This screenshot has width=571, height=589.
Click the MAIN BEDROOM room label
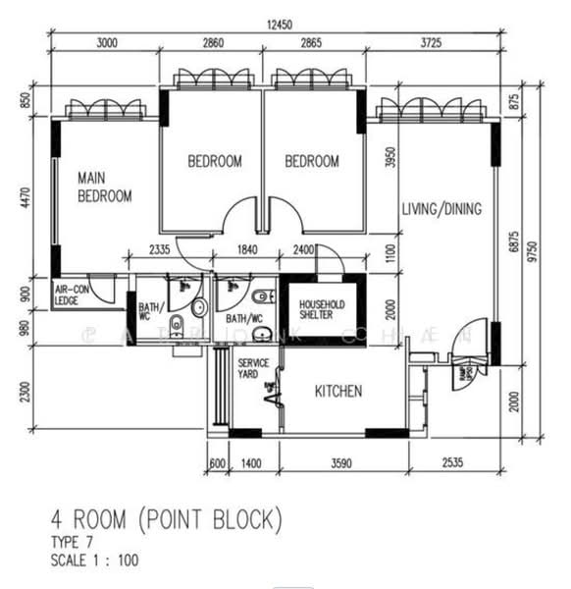105,187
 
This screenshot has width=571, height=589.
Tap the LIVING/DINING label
441,209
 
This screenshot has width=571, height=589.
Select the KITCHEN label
337,392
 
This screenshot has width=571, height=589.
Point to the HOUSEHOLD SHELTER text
323,309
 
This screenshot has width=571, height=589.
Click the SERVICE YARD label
254,369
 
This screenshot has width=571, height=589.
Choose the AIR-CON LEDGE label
74,295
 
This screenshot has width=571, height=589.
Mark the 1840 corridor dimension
246,250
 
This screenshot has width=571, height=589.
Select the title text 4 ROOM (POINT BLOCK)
166,516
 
